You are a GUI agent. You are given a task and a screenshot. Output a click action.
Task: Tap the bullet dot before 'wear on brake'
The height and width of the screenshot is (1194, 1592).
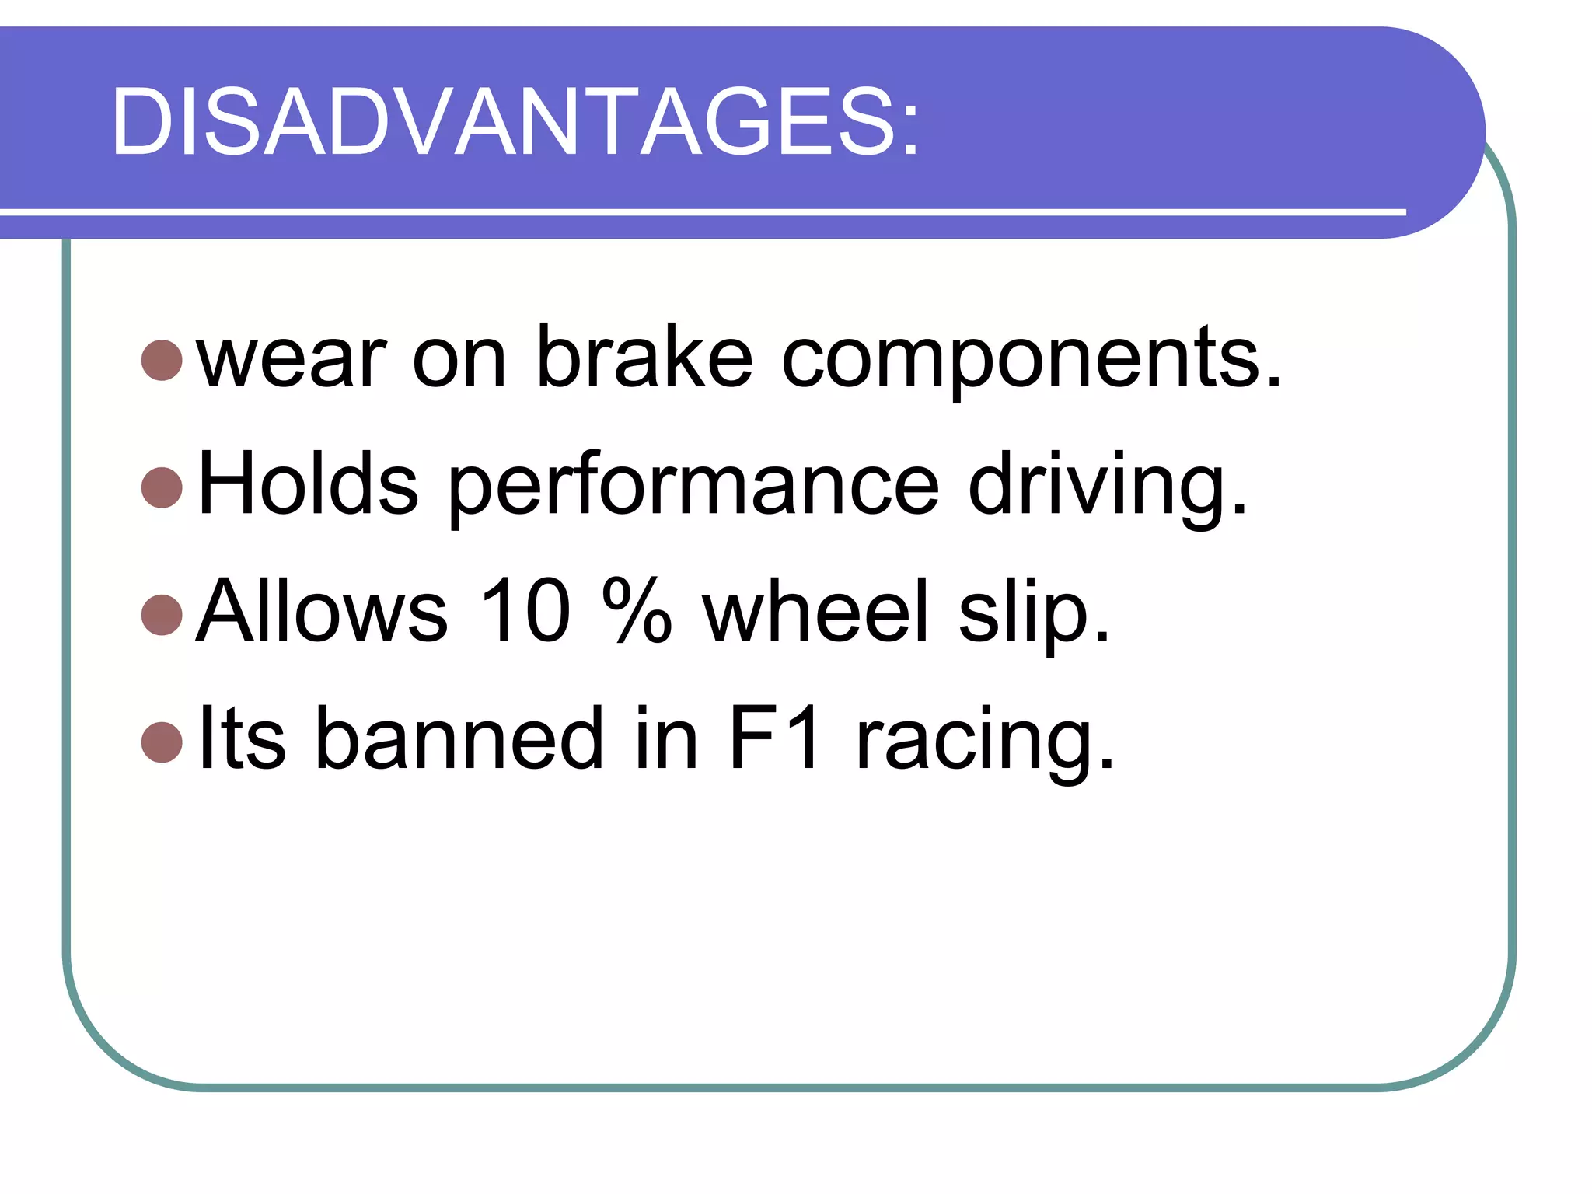click(x=162, y=360)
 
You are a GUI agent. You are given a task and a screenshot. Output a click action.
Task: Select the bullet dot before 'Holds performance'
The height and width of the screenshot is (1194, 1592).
click(x=162, y=487)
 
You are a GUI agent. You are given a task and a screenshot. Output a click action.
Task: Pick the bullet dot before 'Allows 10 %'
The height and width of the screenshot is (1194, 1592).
click(x=162, y=614)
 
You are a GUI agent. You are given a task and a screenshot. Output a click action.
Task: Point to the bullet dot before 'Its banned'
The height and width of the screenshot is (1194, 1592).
click(x=162, y=742)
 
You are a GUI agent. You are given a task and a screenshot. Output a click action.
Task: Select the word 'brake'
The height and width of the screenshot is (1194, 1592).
click(x=644, y=358)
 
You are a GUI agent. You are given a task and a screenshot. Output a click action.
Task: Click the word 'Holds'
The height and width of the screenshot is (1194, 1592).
click(x=308, y=484)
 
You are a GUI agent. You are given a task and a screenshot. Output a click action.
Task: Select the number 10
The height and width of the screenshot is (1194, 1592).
click(x=526, y=612)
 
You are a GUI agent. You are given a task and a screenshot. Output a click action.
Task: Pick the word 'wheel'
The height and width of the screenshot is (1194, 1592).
click(x=815, y=612)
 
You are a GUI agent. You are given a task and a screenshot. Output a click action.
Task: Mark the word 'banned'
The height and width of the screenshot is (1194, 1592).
click(x=459, y=738)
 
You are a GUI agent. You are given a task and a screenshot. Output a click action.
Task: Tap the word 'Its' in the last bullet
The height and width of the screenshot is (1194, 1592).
click(x=241, y=738)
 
